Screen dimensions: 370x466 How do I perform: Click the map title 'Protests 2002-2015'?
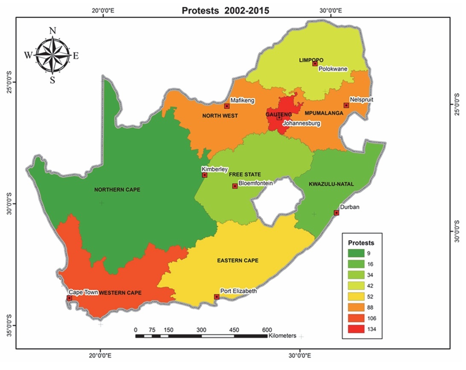(x=225, y=11)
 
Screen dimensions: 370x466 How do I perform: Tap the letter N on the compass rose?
(x=53, y=30)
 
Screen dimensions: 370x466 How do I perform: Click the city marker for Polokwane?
(x=315, y=64)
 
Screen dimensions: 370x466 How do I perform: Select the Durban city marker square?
(x=336, y=213)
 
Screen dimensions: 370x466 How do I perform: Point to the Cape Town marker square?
(x=70, y=298)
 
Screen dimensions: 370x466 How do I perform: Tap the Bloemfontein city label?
(x=255, y=183)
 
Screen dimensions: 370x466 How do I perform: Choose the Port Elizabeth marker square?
(x=216, y=297)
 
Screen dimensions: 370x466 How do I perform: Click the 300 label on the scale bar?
(x=201, y=329)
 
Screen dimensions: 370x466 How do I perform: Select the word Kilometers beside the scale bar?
(x=283, y=336)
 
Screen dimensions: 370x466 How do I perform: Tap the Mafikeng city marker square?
(x=227, y=106)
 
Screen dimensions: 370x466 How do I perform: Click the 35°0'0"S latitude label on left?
(x=10, y=325)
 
